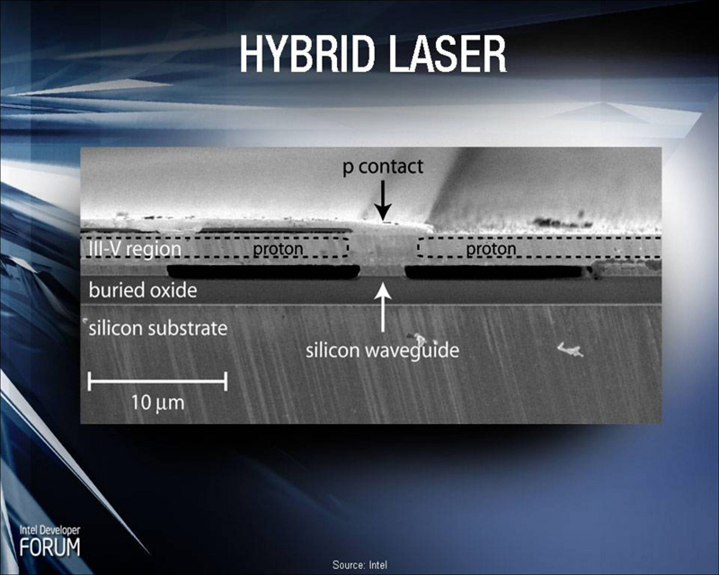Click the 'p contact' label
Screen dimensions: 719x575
click(383, 167)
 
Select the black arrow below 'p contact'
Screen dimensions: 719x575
click(384, 200)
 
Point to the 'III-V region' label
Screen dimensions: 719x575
click(135, 249)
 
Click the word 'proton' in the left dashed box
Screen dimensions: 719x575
click(279, 249)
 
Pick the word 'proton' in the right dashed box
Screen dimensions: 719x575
click(491, 249)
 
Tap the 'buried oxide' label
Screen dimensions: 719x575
click(143, 290)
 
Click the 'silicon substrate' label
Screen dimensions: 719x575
click(158, 328)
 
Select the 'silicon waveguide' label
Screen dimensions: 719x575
click(383, 350)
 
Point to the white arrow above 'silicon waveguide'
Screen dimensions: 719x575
click(384, 307)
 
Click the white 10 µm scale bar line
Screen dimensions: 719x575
click(158, 381)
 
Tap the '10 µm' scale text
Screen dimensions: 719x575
click(158, 403)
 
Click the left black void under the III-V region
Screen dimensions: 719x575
click(263, 271)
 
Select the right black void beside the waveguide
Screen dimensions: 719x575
click(494, 272)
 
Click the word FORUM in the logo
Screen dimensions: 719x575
click(49, 547)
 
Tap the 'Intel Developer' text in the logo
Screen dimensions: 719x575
click(49, 530)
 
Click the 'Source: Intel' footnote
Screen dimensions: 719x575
click(359, 565)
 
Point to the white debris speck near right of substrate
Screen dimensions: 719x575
click(570, 349)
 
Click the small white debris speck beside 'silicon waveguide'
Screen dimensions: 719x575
click(420, 340)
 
